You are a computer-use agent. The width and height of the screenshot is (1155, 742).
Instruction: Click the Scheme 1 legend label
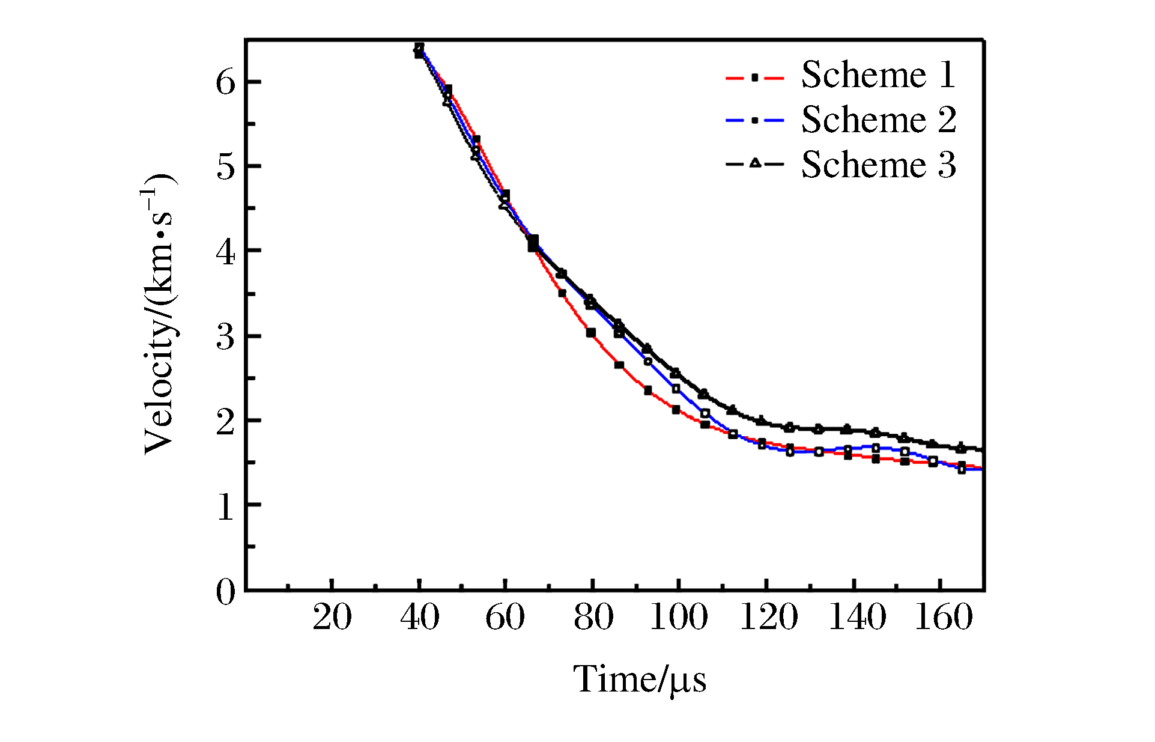coord(878,76)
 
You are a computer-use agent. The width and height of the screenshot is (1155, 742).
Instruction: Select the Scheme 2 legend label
coord(878,120)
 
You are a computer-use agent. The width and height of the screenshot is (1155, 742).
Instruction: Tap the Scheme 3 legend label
coord(878,165)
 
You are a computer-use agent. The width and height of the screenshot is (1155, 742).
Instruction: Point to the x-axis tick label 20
coord(332,618)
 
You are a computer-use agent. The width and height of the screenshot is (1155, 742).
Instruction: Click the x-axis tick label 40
coord(419,618)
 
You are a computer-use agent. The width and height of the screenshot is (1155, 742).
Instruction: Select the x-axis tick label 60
coord(505,618)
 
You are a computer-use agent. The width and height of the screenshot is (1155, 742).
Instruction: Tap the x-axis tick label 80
coord(593,618)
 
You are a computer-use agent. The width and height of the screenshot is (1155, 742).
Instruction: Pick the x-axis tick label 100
coord(679,618)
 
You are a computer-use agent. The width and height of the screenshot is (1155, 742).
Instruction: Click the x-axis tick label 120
coord(768,618)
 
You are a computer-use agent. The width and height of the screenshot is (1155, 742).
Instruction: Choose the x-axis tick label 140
coord(857,618)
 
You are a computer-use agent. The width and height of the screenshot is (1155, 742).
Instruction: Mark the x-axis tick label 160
coord(944,618)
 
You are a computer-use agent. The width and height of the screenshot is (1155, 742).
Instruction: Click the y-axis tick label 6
coord(226,82)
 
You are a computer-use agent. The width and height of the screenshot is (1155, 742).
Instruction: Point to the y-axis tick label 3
coord(226,337)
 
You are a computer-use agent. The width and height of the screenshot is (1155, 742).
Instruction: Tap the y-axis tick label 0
coord(226,592)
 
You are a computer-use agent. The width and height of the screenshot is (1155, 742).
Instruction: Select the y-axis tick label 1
coord(226,506)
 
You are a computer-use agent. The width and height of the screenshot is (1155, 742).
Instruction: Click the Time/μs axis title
coord(640,680)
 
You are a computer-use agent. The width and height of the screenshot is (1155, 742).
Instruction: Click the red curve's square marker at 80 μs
coord(591,333)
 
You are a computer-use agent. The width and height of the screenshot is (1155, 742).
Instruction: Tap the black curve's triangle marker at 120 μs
coord(762,421)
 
